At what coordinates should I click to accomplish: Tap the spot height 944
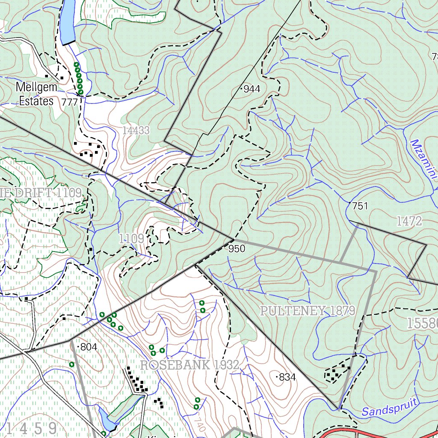click(252, 89)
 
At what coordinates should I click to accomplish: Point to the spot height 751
click(360, 206)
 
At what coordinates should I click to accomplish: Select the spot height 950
click(237, 249)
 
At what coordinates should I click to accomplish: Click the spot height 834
click(287, 377)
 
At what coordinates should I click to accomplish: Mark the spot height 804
click(88, 347)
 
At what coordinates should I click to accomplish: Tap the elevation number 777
click(70, 102)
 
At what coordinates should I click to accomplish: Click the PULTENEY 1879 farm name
click(308, 311)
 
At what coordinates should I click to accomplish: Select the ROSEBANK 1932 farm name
click(189, 365)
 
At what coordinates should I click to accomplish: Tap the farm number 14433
click(136, 130)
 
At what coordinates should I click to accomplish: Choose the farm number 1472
click(409, 221)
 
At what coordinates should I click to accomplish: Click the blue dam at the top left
click(68, 21)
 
